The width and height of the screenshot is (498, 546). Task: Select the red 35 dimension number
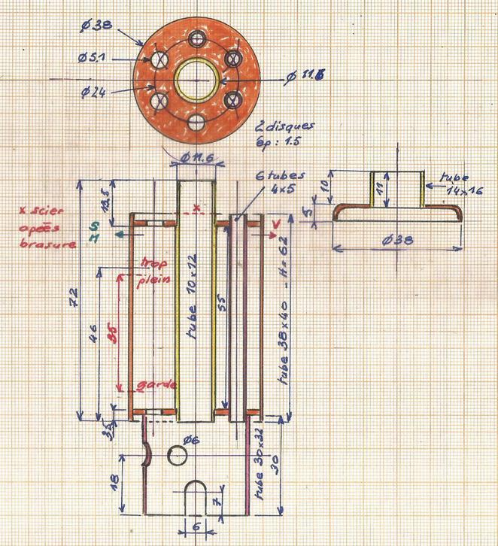[111, 337]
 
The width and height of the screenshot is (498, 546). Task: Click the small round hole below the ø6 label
[178, 455]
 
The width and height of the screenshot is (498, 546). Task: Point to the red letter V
[275, 224]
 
